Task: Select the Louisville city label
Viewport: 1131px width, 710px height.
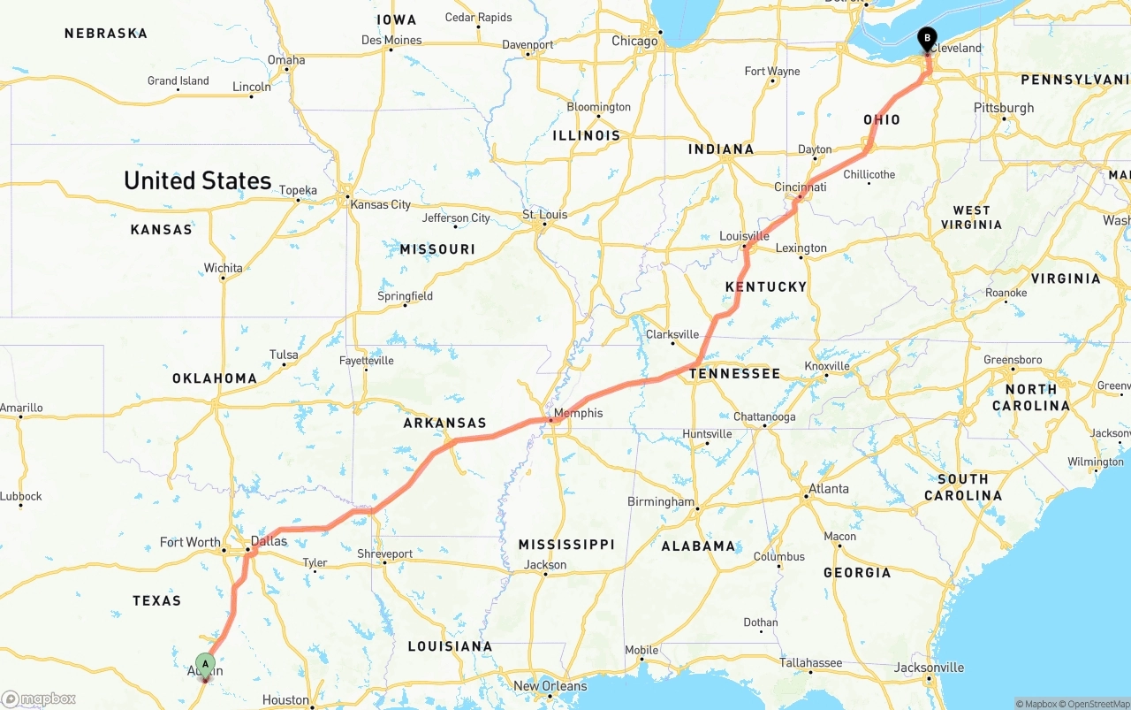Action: click(x=744, y=236)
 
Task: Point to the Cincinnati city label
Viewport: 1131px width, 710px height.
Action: click(x=800, y=187)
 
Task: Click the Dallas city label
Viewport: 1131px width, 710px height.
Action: click(x=269, y=541)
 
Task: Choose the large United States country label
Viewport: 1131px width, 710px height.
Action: click(x=197, y=180)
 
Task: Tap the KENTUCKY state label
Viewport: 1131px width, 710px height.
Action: click(x=766, y=286)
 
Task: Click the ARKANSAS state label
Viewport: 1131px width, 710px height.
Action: click(x=444, y=424)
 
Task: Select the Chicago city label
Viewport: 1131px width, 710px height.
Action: click(x=634, y=41)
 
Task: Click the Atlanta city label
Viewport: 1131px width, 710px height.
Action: click(x=829, y=488)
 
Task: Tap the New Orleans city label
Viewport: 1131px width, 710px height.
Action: click(x=550, y=686)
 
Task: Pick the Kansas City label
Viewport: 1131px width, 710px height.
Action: click(x=380, y=204)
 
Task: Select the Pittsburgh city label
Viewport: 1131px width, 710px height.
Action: click(x=1004, y=108)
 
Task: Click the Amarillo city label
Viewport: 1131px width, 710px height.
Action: click(x=21, y=408)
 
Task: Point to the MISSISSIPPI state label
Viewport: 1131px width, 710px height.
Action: click(x=565, y=545)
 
